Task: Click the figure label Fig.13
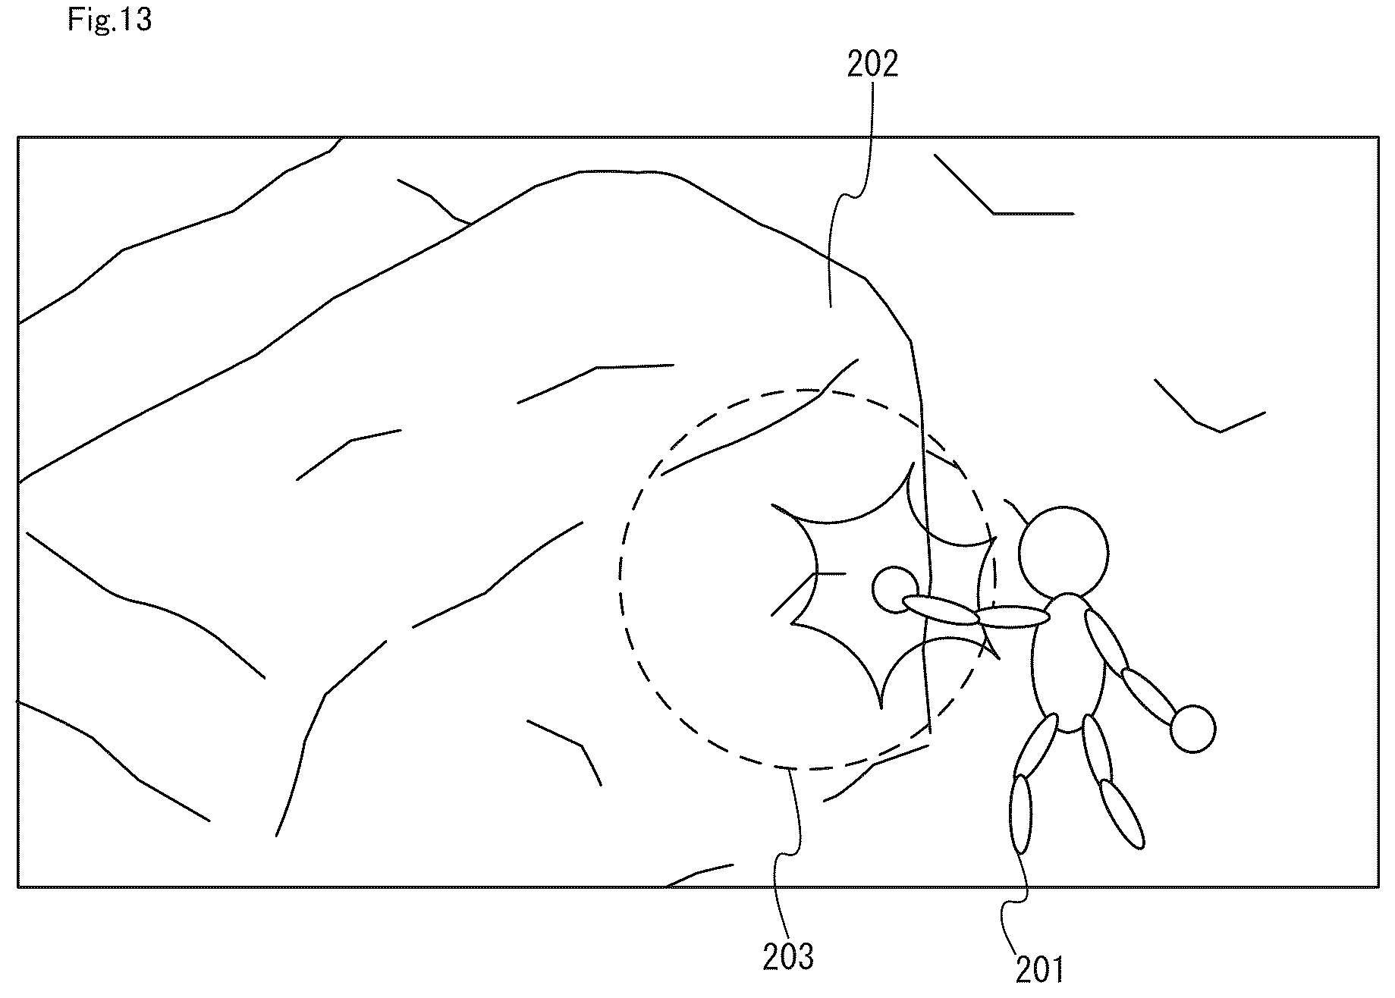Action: [110, 20]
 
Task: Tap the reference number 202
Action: [872, 65]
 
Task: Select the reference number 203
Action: [788, 957]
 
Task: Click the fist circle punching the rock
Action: [896, 589]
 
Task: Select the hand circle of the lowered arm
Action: [1193, 729]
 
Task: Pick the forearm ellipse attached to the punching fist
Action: [941, 610]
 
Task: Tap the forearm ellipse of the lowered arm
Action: [1149, 697]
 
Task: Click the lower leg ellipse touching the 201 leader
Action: [1022, 814]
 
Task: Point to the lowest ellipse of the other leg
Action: [1121, 814]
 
